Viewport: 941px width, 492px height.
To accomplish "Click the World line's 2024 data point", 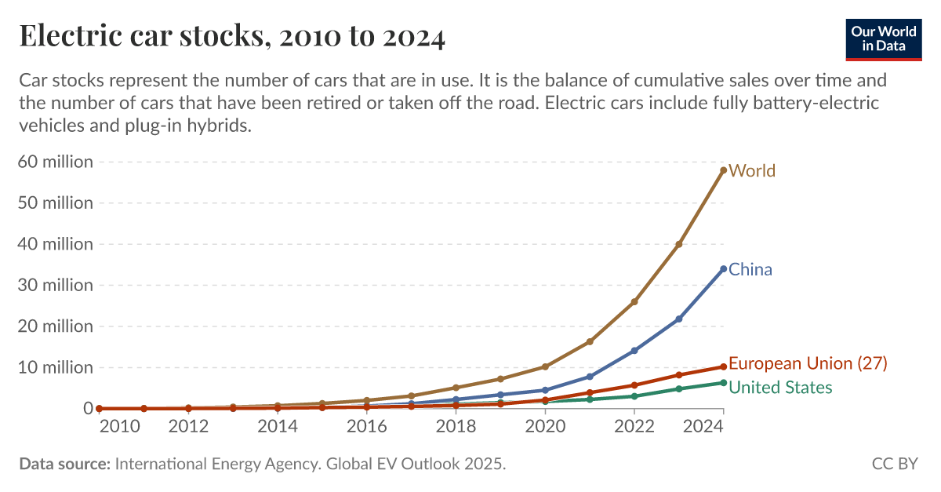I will (723, 169).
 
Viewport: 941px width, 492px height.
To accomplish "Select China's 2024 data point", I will (723, 269).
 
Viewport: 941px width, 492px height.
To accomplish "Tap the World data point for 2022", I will (634, 302).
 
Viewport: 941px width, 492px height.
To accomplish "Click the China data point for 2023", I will (678, 319).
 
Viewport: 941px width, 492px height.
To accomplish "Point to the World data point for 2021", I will (589, 341).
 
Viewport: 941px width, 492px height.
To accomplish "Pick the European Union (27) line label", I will (808, 363).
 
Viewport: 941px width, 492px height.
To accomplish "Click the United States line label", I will (780, 388).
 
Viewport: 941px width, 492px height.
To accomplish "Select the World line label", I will (752, 170).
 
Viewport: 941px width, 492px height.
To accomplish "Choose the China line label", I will (750, 270).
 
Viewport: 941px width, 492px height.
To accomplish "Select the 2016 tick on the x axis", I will (366, 426).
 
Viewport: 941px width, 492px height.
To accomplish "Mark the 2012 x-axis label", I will (188, 426).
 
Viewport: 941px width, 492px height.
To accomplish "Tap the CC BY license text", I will (894, 464).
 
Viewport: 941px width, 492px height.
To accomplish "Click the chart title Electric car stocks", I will (232, 37).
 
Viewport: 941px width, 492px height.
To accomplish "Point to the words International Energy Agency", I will (215, 464).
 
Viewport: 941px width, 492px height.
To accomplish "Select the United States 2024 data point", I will (723, 383).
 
